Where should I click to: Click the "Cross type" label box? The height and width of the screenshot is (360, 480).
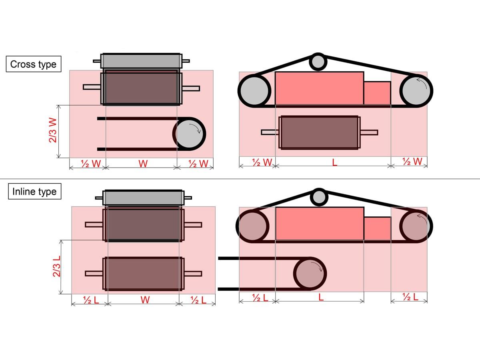coord(34,64)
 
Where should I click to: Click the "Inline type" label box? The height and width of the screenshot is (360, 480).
coord(34,191)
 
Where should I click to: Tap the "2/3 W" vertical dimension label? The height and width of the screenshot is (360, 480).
coord(53,130)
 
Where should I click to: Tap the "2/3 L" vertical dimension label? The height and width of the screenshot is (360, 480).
coord(56,266)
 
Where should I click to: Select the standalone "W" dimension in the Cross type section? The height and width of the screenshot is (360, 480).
coord(143,164)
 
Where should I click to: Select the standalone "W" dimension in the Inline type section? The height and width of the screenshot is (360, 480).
coord(145,300)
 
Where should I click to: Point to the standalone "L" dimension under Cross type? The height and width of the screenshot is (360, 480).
coord(334,162)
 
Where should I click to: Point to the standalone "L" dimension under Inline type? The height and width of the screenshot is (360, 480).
coord(321,297)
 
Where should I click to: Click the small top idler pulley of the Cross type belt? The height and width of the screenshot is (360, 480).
coord(318,62)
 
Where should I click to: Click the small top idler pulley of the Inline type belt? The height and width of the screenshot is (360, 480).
coord(319,197)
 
